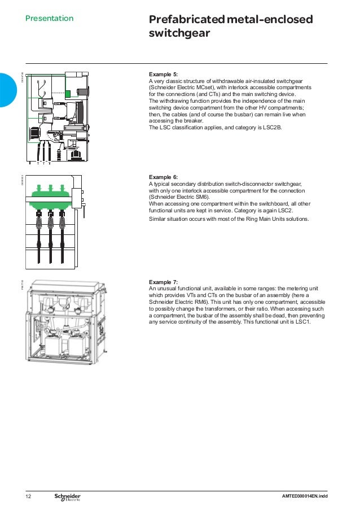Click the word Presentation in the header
point(49,19)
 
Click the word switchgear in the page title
point(179,34)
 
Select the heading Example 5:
point(163,75)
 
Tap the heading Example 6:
point(163,177)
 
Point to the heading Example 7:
point(163,282)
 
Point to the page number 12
point(29,496)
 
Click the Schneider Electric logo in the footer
point(67,496)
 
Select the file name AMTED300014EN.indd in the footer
point(308,496)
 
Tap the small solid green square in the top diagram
point(68,94)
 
